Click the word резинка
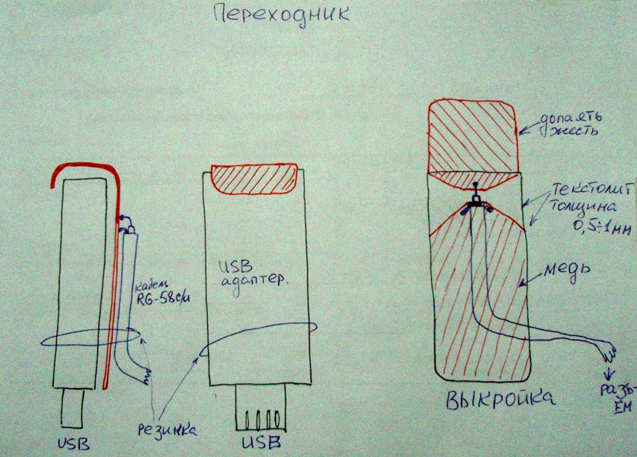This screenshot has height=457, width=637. [x=165, y=429]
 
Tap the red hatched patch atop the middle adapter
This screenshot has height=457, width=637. [x=254, y=179]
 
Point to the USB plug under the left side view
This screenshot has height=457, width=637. [x=72, y=409]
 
